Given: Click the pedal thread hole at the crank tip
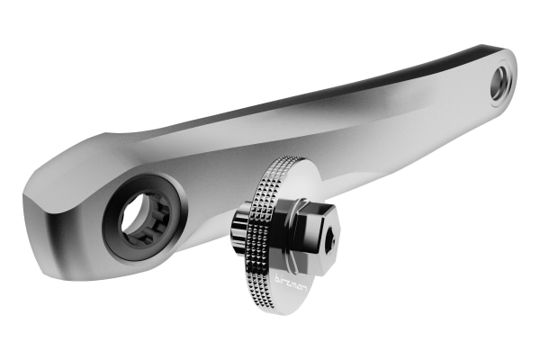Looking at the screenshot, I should (x=500, y=83).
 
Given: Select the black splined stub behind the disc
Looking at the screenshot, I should (x=240, y=232).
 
